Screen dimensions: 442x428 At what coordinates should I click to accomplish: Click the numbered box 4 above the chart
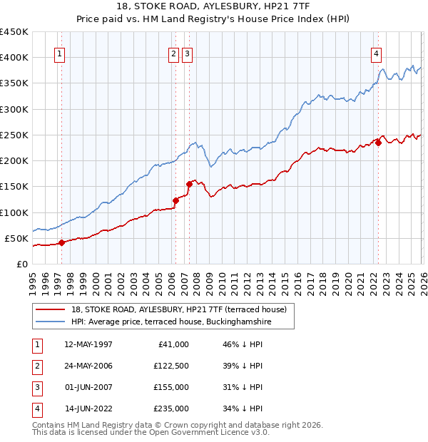pos(376,53)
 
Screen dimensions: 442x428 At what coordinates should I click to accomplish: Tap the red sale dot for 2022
pos(379,143)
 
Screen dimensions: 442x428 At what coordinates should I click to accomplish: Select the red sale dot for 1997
pos(61,242)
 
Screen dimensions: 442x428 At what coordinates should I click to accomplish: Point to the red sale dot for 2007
pos(189,184)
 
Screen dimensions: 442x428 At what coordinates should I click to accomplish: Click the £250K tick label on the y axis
pos(14,135)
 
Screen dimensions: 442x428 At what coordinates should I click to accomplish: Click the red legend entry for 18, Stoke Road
pos(178,309)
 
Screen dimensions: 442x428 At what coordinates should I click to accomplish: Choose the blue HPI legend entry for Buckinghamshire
pos(171,322)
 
